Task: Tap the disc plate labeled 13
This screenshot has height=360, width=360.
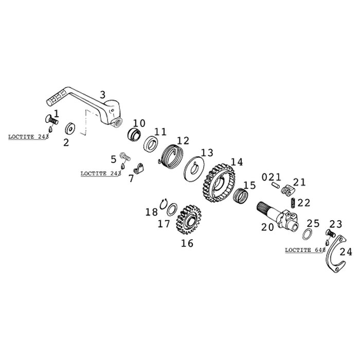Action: click(197, 167)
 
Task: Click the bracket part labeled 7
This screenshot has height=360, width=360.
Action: click(137, 167)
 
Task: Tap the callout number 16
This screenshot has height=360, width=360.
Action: click(187, 243)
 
